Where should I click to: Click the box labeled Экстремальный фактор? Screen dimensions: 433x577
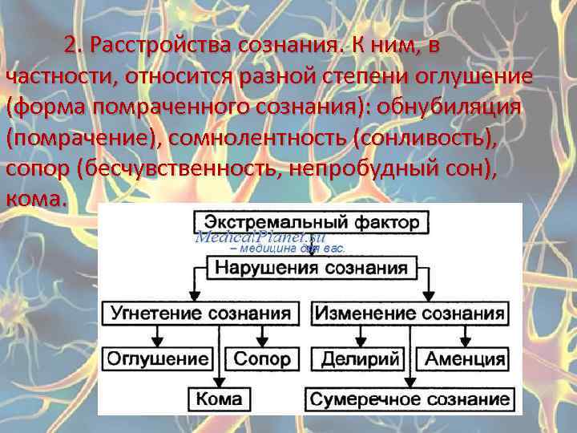pos(311,222)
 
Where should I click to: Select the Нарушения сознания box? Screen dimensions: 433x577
pos(310,268)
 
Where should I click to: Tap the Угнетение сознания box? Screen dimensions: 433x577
pos(201,313)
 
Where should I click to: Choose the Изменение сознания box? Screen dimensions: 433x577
pos(410,313)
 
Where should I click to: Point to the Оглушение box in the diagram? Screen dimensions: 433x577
pos(159,358)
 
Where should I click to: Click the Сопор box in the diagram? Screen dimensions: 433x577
pos(259,358)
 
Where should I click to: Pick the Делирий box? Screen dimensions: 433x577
pos(360,358)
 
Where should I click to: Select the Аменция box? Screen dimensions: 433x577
pos(465,358)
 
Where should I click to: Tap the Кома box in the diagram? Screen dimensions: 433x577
pos(219,399)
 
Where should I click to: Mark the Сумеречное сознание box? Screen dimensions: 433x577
pos(410,399)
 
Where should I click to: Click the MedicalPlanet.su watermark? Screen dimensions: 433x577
pos(260,237)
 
